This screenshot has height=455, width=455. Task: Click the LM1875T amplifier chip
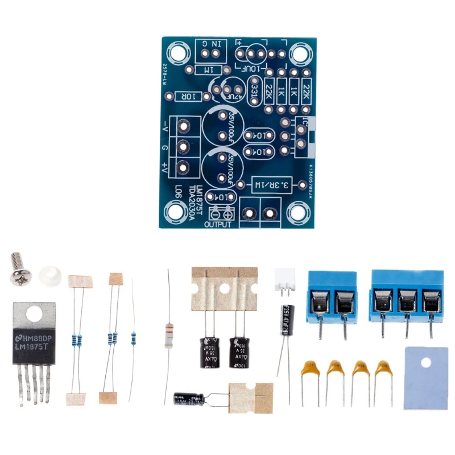pyautogui.click(x=34, y=341)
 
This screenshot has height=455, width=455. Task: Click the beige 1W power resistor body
pyautogui.click(x=168, y=335)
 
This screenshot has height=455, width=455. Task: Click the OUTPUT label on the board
pyautogui.click(x=217, y=224)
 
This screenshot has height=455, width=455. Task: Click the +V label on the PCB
pyautogui.click(x=164, y=167)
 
